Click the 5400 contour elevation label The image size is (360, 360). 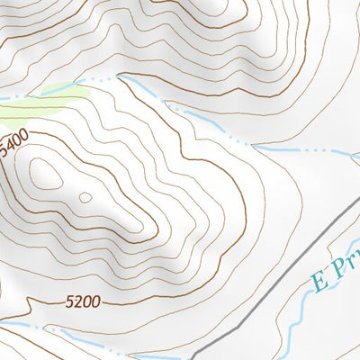(x=15, y=145)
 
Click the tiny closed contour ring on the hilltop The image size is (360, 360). (x=85, y=197)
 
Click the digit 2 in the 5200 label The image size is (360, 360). (x=77, y=303)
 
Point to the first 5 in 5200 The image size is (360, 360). (x=69, y=304)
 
